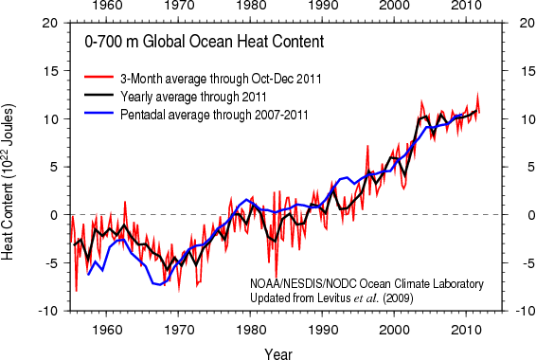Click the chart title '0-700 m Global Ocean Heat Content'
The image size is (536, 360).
pos(205,42)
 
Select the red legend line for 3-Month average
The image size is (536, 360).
pos(98,77)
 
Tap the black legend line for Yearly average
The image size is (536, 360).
pos(98,95)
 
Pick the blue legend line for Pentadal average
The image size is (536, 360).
pos(98,113)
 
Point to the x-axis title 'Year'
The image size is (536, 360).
pos(277,353)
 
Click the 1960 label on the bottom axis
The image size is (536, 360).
pos(106,330)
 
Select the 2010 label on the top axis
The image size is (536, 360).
pos(466,6)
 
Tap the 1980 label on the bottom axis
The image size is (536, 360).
pos(250,330)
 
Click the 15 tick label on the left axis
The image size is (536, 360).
pos(50,71)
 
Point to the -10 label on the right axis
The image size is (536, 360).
pos(525,312)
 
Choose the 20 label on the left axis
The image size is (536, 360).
pos(50,23)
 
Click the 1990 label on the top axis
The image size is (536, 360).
pos(322,6)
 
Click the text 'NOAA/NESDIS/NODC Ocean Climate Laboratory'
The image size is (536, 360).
pos(366,284)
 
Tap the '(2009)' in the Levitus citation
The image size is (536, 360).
pos(398,298)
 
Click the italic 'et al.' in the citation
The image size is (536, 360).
pos(366,298)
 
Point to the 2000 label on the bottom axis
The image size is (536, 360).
pos(394,330)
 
